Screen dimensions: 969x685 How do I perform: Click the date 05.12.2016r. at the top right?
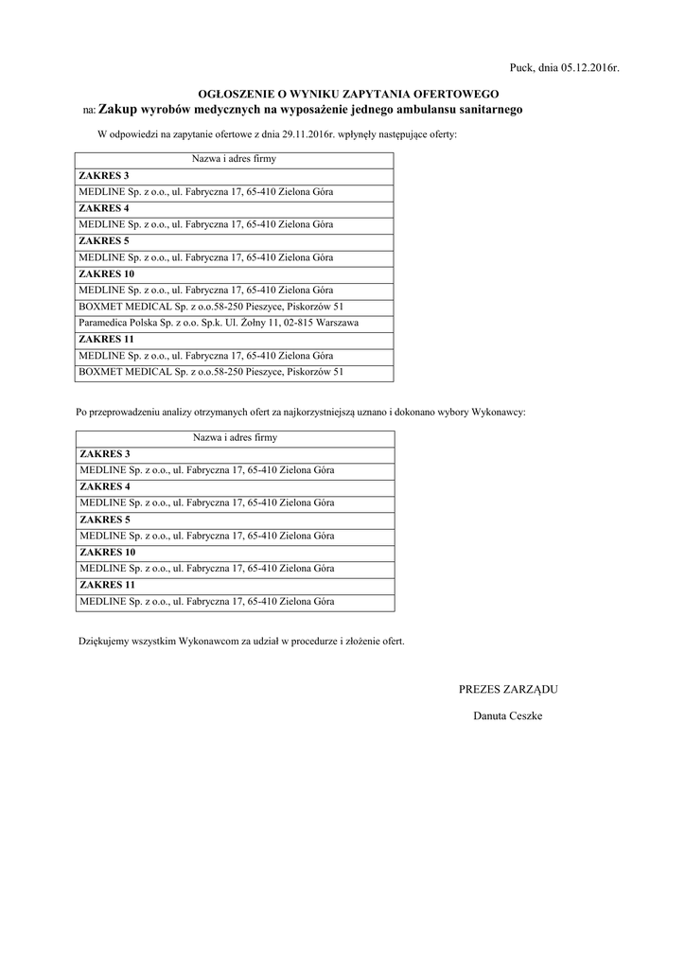click(588, 68)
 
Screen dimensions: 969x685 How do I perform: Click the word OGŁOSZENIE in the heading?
click(233, 94)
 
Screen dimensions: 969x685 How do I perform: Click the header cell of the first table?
click(234, 160)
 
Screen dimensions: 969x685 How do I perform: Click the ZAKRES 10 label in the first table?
click(108, 273)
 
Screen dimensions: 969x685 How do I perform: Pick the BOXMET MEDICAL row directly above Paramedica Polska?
click(211, 307)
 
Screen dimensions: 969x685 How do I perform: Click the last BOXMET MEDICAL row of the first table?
click(211, 372)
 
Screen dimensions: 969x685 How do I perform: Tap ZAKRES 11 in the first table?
click(108, 339)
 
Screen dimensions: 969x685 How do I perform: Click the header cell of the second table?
click(235, 438)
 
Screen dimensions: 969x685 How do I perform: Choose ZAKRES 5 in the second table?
click(105, 520)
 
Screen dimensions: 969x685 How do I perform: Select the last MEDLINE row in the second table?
click(206, 601)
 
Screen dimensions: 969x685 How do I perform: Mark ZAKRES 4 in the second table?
click(105, 486)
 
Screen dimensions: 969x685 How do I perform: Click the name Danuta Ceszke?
click(508, 715)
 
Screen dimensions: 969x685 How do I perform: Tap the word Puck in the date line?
click(520, 68)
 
